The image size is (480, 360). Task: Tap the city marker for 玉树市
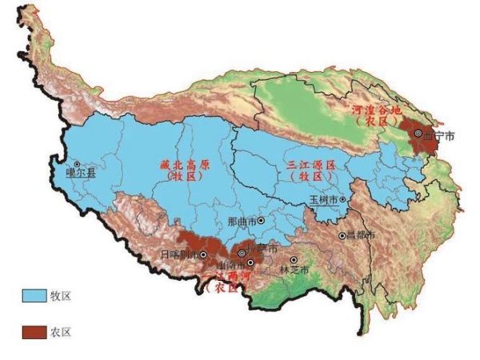342,199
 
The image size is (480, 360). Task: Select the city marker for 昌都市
342,235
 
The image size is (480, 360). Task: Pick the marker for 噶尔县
78,164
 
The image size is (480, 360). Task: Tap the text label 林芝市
293,271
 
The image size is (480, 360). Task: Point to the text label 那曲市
241,220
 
